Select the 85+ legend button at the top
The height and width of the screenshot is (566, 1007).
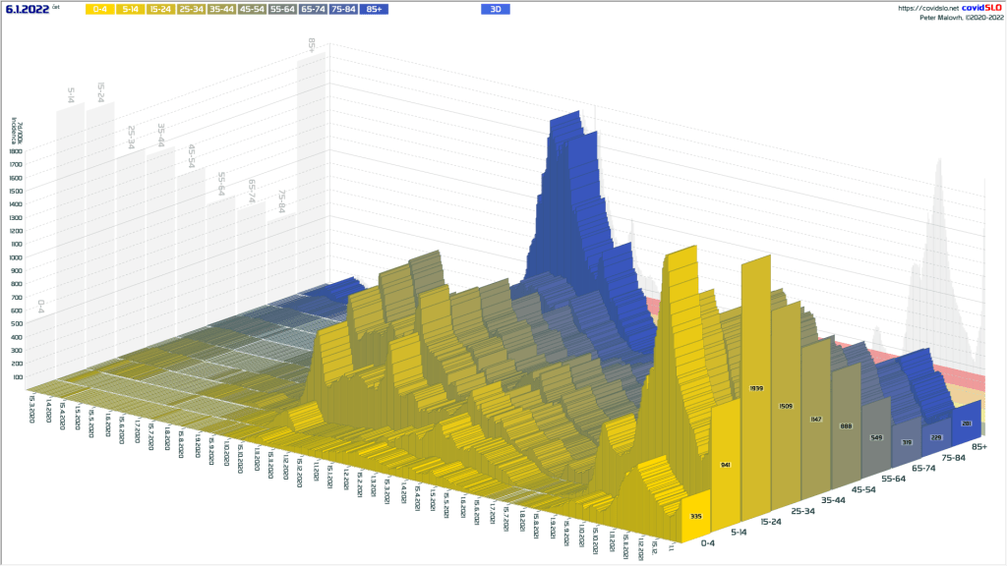tap(373, 9)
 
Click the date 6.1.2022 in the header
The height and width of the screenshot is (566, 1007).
tap(27, 9)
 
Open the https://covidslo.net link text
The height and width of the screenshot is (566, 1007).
tap(927, 8)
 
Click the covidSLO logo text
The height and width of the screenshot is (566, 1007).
tap(981, 8)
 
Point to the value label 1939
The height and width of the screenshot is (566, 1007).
tap(756, 389)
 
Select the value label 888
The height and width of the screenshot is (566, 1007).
tap(846, 425)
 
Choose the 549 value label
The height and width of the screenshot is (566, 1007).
tap(875, 435)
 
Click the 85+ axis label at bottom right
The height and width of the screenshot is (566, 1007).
tap(978, 447)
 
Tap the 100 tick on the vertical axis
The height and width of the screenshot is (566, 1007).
tap(17, 376)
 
